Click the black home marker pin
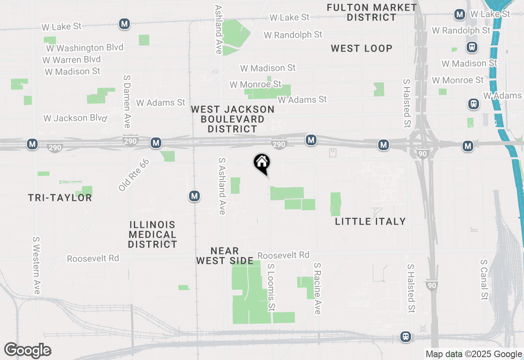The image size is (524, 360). click(x=262, y=163)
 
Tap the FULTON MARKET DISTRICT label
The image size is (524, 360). click(x=372, y=13)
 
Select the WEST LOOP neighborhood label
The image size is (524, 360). click(x=361, y=48)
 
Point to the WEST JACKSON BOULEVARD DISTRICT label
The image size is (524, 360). click(x=233, y=119)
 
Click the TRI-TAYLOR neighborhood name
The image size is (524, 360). click(x=60, y=198)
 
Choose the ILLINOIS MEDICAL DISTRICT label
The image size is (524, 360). click(x=152, y=234)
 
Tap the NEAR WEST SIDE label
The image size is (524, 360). click(x=225, y=256)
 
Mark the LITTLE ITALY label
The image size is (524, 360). click(x=370, y=221)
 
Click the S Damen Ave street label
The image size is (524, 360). click(x=127, y=101)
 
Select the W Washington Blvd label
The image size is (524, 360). click(x=85, y=48)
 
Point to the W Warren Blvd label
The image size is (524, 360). click(x=72, y=60)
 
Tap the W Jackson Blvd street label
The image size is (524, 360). click(x=75, y=118)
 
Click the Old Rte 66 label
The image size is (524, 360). click(x=134, y=175)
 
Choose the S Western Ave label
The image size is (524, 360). click(x=36, y=265)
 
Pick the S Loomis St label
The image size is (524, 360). click(x=271, y=287)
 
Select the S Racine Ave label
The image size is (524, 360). click(x=317, y=289)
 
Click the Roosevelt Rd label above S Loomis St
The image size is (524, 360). click(x=283, y=255)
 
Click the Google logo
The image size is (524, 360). click(x=27, y=350)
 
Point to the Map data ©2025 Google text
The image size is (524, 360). click(x=474, y=354)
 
